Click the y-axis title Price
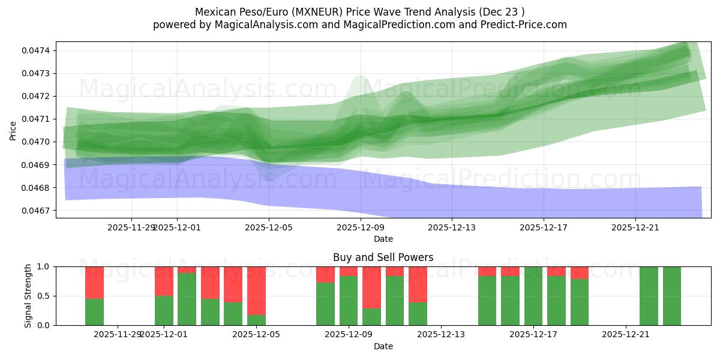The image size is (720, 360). pyautogui.click(x=13, y=130)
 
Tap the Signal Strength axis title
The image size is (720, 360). pyautogui.click(x=28, y=296)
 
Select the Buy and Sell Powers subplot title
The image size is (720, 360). pyautogui.click(x=383, y=257)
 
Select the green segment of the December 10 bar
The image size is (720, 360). pyautogui.click(x=395, y=300)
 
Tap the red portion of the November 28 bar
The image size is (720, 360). pyautogui.click(x=94, y=282)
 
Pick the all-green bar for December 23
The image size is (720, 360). pyautogui.click(x=672, y=296)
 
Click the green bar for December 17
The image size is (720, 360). pyautogui.click(x=533, y=296)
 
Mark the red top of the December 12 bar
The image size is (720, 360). pyautogui.click(x=418, y=284)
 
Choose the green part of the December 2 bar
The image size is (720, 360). pyautogui.click(x=187, y=299)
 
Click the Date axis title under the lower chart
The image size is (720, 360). pyautogui.click(x=383, y=346)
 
